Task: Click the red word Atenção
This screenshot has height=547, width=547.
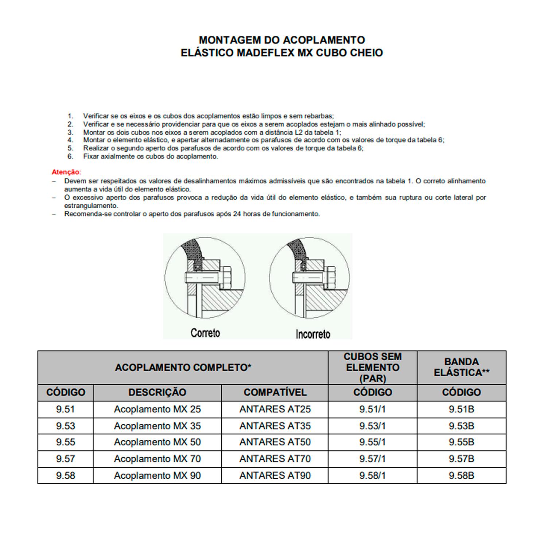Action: (66, 172)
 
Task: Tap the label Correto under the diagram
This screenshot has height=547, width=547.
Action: (205, 333)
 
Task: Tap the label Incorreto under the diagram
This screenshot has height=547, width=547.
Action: (313, 334)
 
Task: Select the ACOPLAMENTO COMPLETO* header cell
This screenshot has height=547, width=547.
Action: (183, 367)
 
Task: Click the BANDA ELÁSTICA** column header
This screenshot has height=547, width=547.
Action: (461, 367)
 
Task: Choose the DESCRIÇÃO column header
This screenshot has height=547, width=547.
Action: (157, 392)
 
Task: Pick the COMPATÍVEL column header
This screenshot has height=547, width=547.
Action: (275, 392)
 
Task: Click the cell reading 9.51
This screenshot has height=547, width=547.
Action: (66, 409)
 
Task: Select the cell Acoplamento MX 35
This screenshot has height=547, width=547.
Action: (157, 426)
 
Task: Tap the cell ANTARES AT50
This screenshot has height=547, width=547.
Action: (275, 442)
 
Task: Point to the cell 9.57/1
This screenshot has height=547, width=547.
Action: (372, 459)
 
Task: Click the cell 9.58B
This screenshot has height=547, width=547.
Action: (461, 476)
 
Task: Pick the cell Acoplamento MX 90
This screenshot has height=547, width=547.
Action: (157, 476)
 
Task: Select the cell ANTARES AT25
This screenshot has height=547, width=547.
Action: (275, 409)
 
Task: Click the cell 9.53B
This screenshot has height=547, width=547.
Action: (461, 426)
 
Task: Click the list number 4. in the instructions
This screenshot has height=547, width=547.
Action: (70, 140)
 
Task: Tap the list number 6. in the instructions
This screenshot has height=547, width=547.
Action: (70, 156)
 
